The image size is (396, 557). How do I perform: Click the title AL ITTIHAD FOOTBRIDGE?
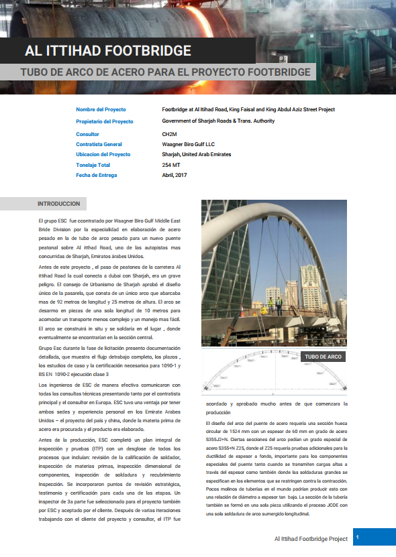(x=107, y=50)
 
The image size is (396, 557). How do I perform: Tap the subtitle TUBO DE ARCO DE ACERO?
(x=165, y=72)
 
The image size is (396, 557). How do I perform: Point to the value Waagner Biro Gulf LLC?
(x=188, y=144)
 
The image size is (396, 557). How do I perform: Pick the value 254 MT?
(x=171, y=165)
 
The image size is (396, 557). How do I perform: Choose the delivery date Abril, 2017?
(x=175, y=175)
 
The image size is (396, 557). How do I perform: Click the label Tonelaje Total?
(x=93, y=165)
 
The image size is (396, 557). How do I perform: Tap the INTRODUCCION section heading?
(x=59, y=204)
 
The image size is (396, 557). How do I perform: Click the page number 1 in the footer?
(x=358, y=538)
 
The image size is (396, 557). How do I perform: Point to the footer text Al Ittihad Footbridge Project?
(x=311, y=538)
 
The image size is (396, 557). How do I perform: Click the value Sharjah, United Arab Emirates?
(x=197, y=154)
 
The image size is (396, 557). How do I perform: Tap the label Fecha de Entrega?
(x=97, y=175)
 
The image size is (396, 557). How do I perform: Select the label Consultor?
(x=88, y=134)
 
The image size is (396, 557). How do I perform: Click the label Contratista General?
(x=99, y=144)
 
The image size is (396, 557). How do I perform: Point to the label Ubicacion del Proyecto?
(x=103, y=154)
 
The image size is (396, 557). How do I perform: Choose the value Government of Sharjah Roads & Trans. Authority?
(x=218, y=121)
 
